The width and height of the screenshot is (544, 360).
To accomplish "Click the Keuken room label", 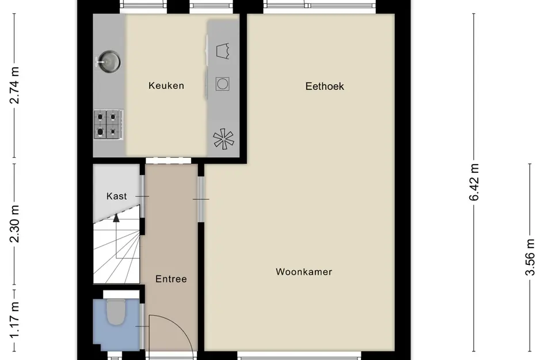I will pos(166,86).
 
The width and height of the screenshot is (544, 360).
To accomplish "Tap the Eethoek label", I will pos(325,86).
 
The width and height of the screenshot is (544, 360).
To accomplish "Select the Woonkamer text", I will pos(303,272).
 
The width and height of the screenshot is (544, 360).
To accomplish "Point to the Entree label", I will pos(171,279).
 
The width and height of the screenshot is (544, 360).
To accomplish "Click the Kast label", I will pos(117,196).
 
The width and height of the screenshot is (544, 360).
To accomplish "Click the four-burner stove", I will pos(108,124).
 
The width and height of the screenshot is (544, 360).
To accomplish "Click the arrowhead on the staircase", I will pos(117,218).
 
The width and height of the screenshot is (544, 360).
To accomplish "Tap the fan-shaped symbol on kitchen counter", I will pos(222,139).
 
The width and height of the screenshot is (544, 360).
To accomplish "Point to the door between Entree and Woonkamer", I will pos(201,199).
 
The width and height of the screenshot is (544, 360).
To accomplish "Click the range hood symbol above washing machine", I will pos(222,51).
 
